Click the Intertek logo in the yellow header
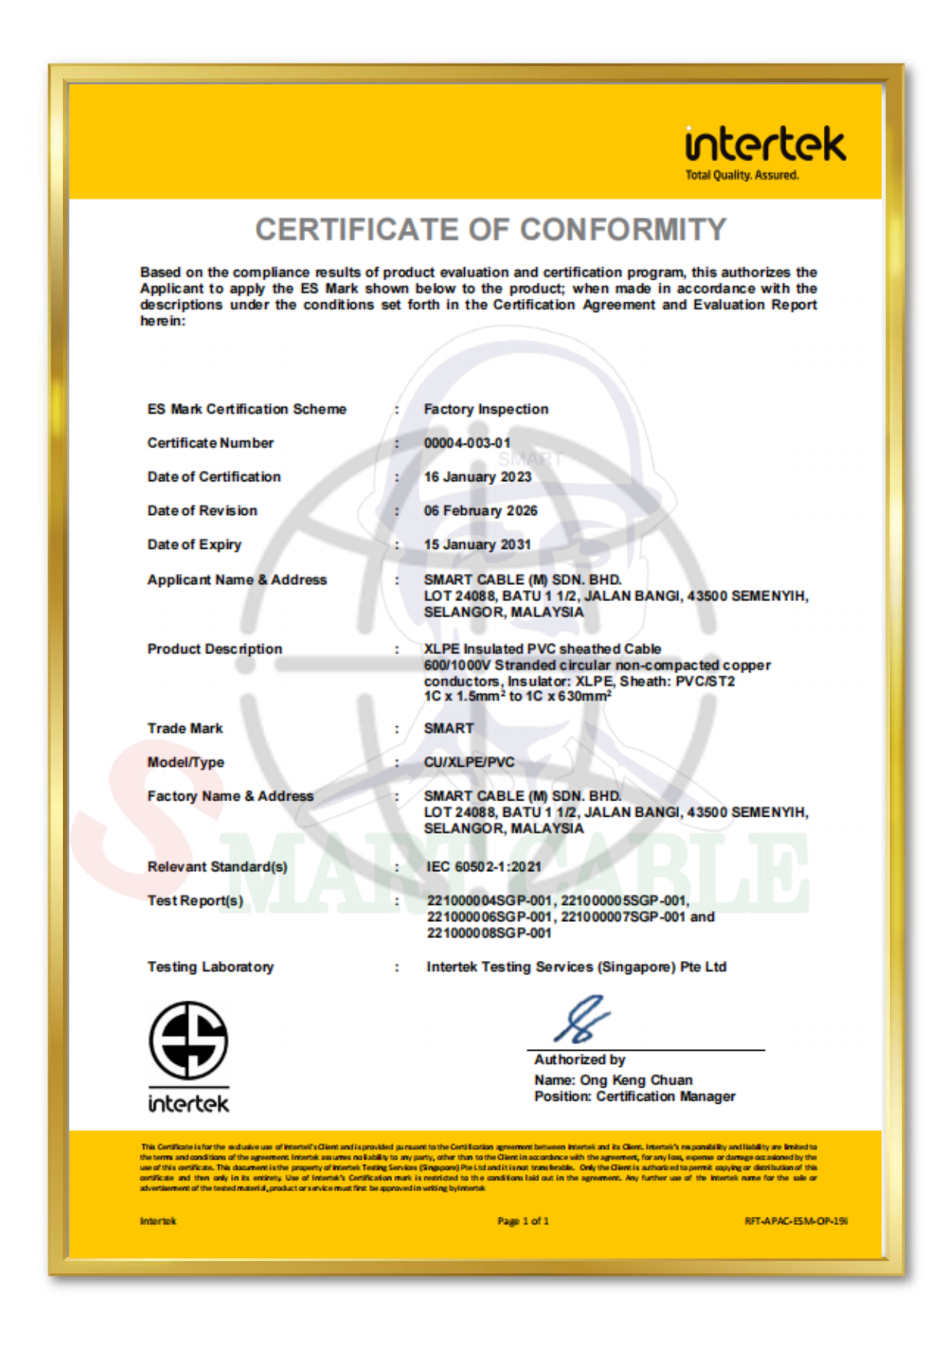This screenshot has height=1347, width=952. click(x=765, y=145)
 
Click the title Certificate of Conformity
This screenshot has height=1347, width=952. click(x=491, y=229)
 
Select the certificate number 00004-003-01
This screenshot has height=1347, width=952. click(x=467, y=443)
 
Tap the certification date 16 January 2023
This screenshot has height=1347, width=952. click(x=478, y=477)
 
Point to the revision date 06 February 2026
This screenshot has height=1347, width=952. click(x=481, y=510)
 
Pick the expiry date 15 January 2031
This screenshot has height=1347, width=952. click(x=477, y=544)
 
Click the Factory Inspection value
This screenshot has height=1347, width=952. click(x=486, y=409)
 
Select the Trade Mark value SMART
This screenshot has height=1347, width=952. click(x=449, y=728)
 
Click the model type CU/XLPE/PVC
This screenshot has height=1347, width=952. click(x=469, y=761)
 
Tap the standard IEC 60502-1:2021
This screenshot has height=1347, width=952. click(x=484, y=867)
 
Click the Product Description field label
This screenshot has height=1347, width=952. click(x=215, y=649)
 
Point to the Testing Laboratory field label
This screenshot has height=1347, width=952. click(x=211, y=967)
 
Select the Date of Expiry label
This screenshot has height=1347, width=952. click(x=195, y=544)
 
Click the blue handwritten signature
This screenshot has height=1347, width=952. click(x=583, y=1019)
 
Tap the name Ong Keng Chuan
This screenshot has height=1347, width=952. click(x=636, y=1080)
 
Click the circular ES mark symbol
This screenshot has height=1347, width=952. click(x=188, y=1040)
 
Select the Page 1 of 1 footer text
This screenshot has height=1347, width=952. click(x=523, y=1220)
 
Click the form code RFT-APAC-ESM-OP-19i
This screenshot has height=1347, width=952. click(x=796, y=1220)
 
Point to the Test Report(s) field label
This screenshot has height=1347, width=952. click(x=196, y=900)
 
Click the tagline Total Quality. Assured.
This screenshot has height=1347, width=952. click(x=742, y=175)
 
